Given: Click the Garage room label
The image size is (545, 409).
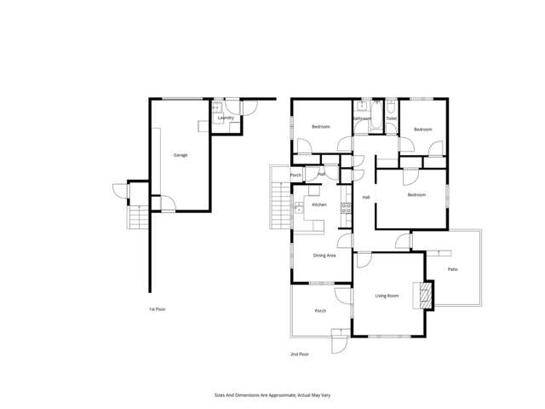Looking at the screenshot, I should coord(181,155).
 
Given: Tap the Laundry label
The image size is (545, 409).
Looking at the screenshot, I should coord(226,118).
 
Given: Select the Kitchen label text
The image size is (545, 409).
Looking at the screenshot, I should coord(319,205).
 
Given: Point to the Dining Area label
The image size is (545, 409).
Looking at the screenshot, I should coord(324,255).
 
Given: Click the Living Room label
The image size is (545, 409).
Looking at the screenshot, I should coord(387,296).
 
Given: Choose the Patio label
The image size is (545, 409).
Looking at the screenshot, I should coord(454,270).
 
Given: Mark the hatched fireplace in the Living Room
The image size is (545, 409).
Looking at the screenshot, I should coord(423,295).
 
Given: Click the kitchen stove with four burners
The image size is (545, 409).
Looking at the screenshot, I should coord(346,206).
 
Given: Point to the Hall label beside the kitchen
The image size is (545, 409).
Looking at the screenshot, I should coord(366,198).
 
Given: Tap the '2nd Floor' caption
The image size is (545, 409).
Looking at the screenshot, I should coord(299,354).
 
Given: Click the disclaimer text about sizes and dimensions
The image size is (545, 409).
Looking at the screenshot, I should coord(272,395).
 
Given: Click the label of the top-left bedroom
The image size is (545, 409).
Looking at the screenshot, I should coord(320,127).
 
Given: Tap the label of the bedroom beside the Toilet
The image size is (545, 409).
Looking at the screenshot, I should coord(423,130).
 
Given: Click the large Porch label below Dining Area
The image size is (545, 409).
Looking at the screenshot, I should coord(321,311).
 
